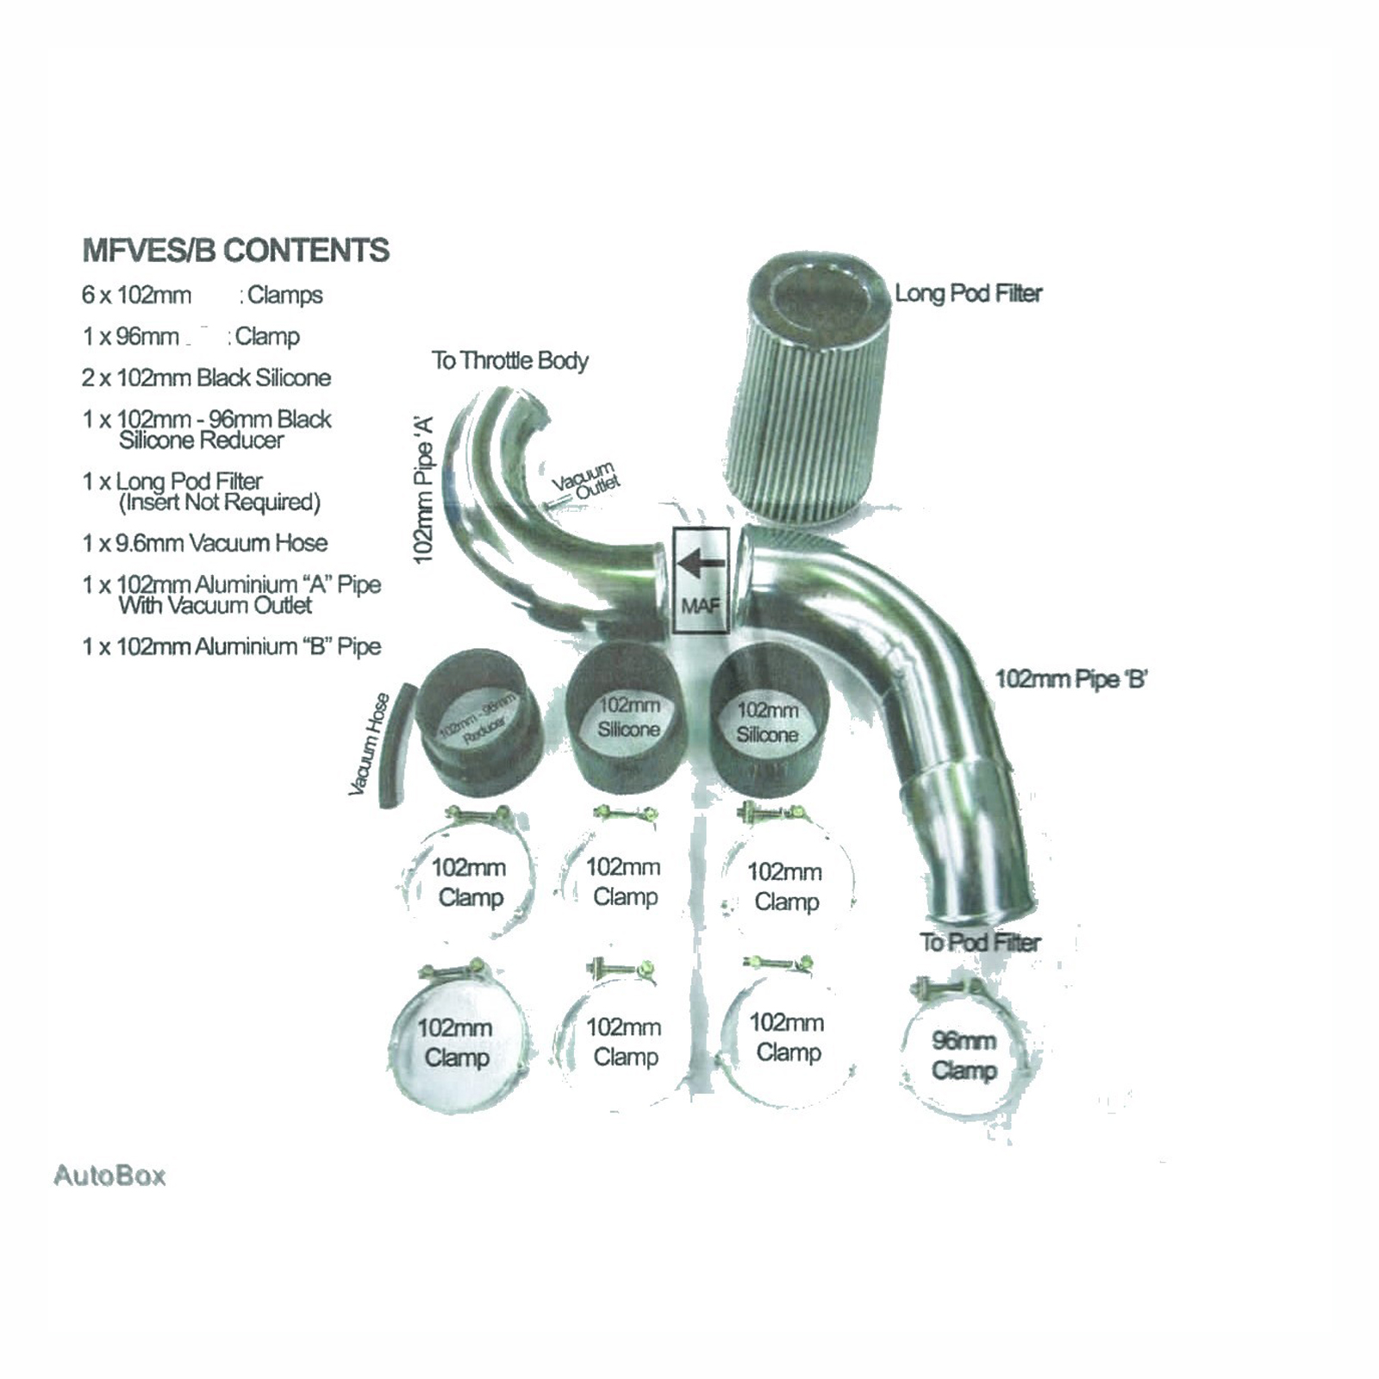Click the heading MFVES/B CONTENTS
(x=235, y=251)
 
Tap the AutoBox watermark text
(x=109, y=1176)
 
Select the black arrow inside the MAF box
(x=700, y=565)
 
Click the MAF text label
(x=700, y=606)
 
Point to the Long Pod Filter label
(x=968, y=294)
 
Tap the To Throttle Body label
(x=510, y=360)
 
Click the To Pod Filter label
(x=980, y=942)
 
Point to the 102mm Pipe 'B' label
(x=1071, y=679)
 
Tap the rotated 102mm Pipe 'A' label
(x=423, y=490)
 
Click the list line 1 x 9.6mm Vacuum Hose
(x=205, y=543)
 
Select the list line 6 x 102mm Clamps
(x=202, y=296)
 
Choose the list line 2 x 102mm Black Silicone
(x=207, y=378)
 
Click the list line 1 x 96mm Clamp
(x=190, y=336)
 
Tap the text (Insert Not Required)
(x=220, y=502)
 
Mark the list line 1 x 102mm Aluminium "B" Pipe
(x=231, y=646)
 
